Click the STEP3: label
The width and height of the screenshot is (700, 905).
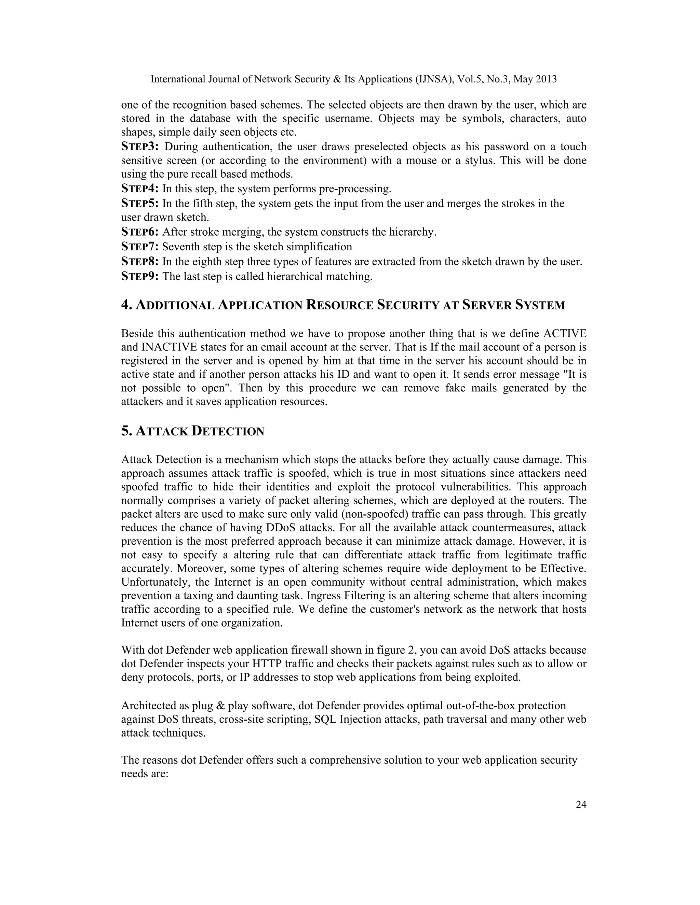[140, 147]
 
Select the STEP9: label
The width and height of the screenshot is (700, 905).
[140, 276]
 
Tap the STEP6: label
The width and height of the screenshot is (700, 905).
[140, 232]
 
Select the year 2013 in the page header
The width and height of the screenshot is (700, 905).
[546, 79]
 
